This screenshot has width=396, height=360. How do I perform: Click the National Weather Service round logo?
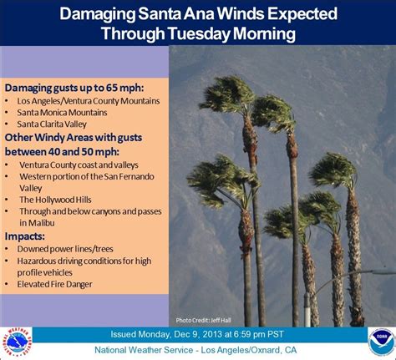pos(17,342)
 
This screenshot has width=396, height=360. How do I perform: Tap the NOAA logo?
pos(382,342)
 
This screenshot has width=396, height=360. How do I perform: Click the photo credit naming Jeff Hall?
pos(203,321)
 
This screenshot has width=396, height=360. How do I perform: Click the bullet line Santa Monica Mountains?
pos(62,113)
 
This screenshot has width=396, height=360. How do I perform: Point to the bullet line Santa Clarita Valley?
pos(52,124)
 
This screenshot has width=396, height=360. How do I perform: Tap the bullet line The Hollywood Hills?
pos(55,200)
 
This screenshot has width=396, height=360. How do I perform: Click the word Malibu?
pos(42,223)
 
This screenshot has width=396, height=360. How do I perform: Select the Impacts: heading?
pos(25,236)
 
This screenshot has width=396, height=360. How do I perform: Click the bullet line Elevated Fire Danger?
pos(54,284)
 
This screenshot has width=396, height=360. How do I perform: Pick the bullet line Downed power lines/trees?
pos(65,249)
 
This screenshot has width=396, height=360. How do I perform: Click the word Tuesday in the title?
pos(199,33)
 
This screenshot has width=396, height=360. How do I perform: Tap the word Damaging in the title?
pos(98,14)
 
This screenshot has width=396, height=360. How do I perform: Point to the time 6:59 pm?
pos(249,334)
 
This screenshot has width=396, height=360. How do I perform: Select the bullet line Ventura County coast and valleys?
pos(79,165)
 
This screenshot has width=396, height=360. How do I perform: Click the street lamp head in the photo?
pos(384,271)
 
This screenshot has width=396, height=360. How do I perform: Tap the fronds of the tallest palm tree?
pos(227,94)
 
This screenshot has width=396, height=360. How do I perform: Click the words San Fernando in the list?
pos(129,176)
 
